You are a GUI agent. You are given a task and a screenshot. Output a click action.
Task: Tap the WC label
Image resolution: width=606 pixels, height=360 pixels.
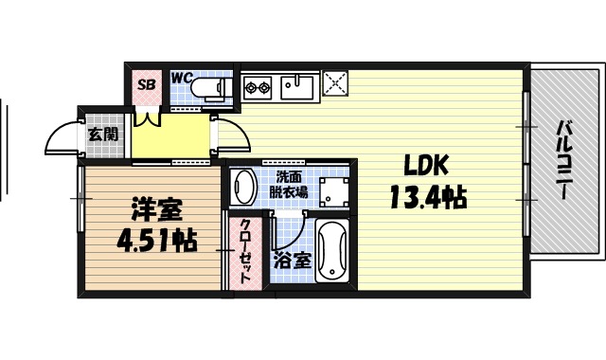(182, 78)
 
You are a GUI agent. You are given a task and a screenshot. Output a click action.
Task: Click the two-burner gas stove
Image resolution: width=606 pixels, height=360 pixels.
(258, 90)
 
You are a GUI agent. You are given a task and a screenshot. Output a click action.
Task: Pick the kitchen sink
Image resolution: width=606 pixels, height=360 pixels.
(296, 88)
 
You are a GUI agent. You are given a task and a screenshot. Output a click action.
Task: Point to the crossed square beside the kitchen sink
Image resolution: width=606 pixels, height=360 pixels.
(335, 85)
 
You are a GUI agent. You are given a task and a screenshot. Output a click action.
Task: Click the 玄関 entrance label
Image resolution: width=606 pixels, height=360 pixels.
(103, 134)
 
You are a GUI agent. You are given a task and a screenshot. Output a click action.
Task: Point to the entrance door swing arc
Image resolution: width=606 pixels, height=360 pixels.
(62, 140)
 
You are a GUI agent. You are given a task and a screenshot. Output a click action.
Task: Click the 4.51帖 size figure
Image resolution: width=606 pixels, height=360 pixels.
(155, 242)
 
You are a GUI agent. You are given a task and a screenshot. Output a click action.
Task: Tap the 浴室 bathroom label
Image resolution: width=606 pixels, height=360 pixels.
(291, 261)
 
